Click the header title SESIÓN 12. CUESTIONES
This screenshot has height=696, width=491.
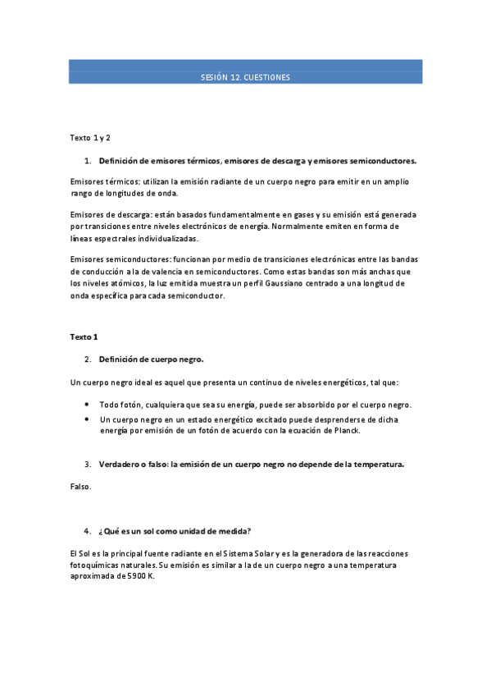[245, 77]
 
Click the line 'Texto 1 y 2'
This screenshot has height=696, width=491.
[90, 137]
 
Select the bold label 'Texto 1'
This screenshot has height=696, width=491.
[84, 337]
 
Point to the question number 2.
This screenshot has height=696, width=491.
[88, 359]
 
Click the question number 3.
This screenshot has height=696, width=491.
[88, 464]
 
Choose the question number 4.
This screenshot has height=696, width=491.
[88, 531]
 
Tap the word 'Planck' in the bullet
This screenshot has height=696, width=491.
[347, 430]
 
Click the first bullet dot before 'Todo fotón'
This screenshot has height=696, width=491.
[88, 405]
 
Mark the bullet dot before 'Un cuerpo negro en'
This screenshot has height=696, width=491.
[88, 419]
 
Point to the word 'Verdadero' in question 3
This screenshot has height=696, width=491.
[120, 464]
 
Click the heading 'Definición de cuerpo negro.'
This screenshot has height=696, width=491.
[151, 359]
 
